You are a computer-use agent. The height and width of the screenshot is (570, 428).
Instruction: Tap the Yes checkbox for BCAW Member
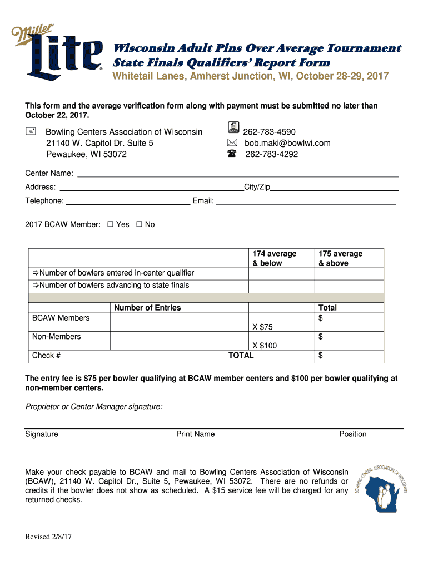110,224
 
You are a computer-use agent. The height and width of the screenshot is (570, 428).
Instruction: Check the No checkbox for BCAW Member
140,224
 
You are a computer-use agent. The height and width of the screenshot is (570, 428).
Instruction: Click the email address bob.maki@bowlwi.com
287,143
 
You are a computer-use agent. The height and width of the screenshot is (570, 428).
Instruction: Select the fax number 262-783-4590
269,132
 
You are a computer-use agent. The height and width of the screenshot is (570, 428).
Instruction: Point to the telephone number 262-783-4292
271,154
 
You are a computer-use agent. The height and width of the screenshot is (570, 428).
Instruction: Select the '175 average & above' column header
340,258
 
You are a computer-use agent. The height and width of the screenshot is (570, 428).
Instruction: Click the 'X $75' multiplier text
262,327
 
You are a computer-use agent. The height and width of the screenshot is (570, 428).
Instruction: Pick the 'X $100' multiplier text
265,346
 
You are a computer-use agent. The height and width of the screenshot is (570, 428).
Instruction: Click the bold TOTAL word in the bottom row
241,355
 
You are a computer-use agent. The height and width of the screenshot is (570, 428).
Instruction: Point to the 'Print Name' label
195,434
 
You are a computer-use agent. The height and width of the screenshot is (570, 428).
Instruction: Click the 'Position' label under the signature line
352,434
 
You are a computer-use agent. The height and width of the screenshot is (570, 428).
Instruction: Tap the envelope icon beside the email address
232,143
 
